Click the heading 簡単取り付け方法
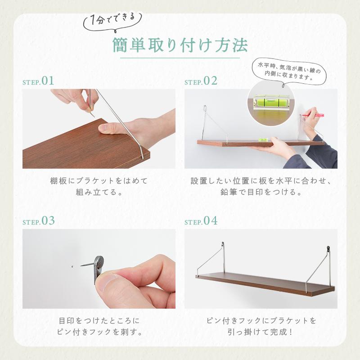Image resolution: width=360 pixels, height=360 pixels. point(180,45)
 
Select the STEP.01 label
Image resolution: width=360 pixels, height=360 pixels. point(38,81)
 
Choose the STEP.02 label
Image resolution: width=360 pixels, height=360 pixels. point(201,81)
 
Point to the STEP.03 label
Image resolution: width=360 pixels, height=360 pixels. point(39,221)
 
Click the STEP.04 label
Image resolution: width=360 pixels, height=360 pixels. point(201,221)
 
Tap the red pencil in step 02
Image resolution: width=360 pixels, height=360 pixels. point(313,115)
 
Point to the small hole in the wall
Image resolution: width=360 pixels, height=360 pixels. point(72,266)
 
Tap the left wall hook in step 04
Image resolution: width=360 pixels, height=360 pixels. point(222,245)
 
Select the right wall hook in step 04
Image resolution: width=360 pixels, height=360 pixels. point(328,249)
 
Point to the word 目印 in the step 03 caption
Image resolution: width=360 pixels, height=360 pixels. point(67,321)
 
